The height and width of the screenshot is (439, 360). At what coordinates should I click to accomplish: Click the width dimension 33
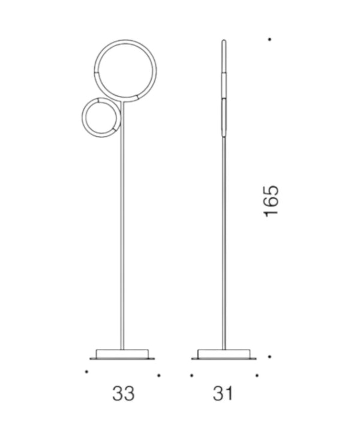point(123,393)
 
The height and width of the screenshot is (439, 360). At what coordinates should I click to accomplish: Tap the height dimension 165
point(271,201)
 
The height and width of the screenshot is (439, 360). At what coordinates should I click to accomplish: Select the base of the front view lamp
point(122,354)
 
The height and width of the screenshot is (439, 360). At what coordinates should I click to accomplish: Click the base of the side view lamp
point(224,354)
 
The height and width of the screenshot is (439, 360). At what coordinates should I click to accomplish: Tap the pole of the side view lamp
point(224,240)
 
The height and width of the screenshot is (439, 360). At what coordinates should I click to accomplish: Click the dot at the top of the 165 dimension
point(270,40)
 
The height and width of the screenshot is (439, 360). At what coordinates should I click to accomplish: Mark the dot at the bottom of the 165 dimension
point(270,356)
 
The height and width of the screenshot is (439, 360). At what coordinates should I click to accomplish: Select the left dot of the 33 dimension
point(86,372)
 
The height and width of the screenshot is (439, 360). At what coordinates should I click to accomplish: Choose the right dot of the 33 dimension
point(158,375)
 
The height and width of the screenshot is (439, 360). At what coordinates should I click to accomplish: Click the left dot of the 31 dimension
point(191,375)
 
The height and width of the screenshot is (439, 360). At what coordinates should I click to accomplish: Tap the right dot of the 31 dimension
point(257,375)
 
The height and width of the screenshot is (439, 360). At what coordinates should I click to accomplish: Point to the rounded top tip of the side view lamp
point(224,41)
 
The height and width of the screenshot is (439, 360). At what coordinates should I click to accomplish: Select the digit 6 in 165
point(271,202)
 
